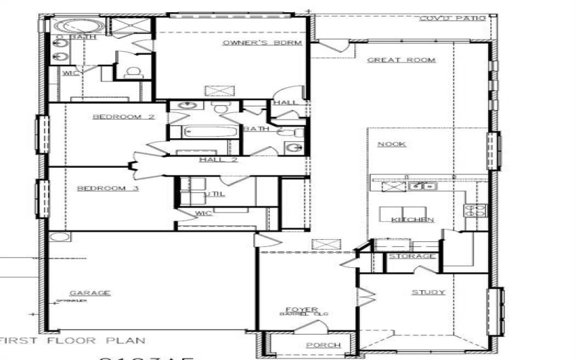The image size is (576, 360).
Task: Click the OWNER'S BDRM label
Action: tap(246, 43)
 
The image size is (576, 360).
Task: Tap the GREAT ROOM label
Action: tap(402, 60)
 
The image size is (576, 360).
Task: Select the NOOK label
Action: tap(392, 144)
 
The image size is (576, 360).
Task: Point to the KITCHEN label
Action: tap(413, 220)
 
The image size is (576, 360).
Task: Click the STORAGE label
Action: tap(411, 256)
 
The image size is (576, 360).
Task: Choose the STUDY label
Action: tap(428, 292)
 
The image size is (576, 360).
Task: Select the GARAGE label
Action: tap(90, 292)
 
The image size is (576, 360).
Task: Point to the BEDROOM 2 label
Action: tap(123, 116)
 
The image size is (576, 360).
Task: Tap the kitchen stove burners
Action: tap(477, 210)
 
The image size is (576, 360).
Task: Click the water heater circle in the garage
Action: tap(59, 237)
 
